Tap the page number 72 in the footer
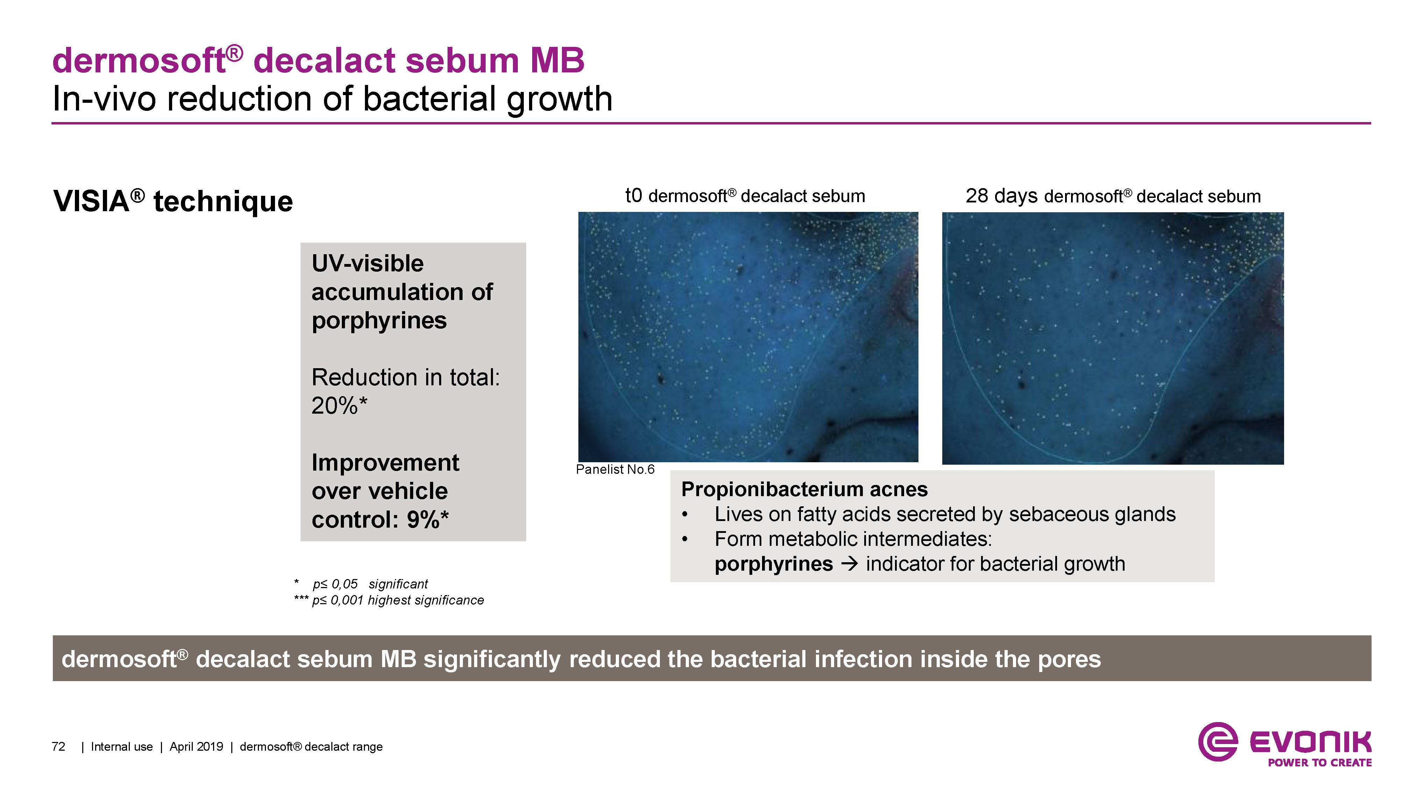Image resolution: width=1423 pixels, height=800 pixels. tap(58, 747)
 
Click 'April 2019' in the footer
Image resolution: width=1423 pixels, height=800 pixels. tap(196, 747)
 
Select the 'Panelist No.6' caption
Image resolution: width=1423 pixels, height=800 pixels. tap(615, 469)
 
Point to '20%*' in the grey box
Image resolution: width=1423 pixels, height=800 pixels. tap(339, 406)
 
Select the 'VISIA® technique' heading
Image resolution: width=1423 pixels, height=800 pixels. tap(173, 201)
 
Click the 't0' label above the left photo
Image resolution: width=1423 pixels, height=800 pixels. tap(634, 195)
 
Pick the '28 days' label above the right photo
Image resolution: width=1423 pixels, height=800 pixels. tap(1001, 196)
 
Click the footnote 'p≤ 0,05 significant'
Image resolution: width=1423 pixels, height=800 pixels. tap(370, 584)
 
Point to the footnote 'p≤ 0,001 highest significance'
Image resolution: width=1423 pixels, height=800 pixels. tap(398, 600)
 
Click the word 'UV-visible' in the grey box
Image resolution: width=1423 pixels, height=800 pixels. tap(367, 263)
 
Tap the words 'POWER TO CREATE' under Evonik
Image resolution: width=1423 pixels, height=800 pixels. tap(1320, 763)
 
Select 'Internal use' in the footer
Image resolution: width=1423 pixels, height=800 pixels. tap(121, 747)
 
